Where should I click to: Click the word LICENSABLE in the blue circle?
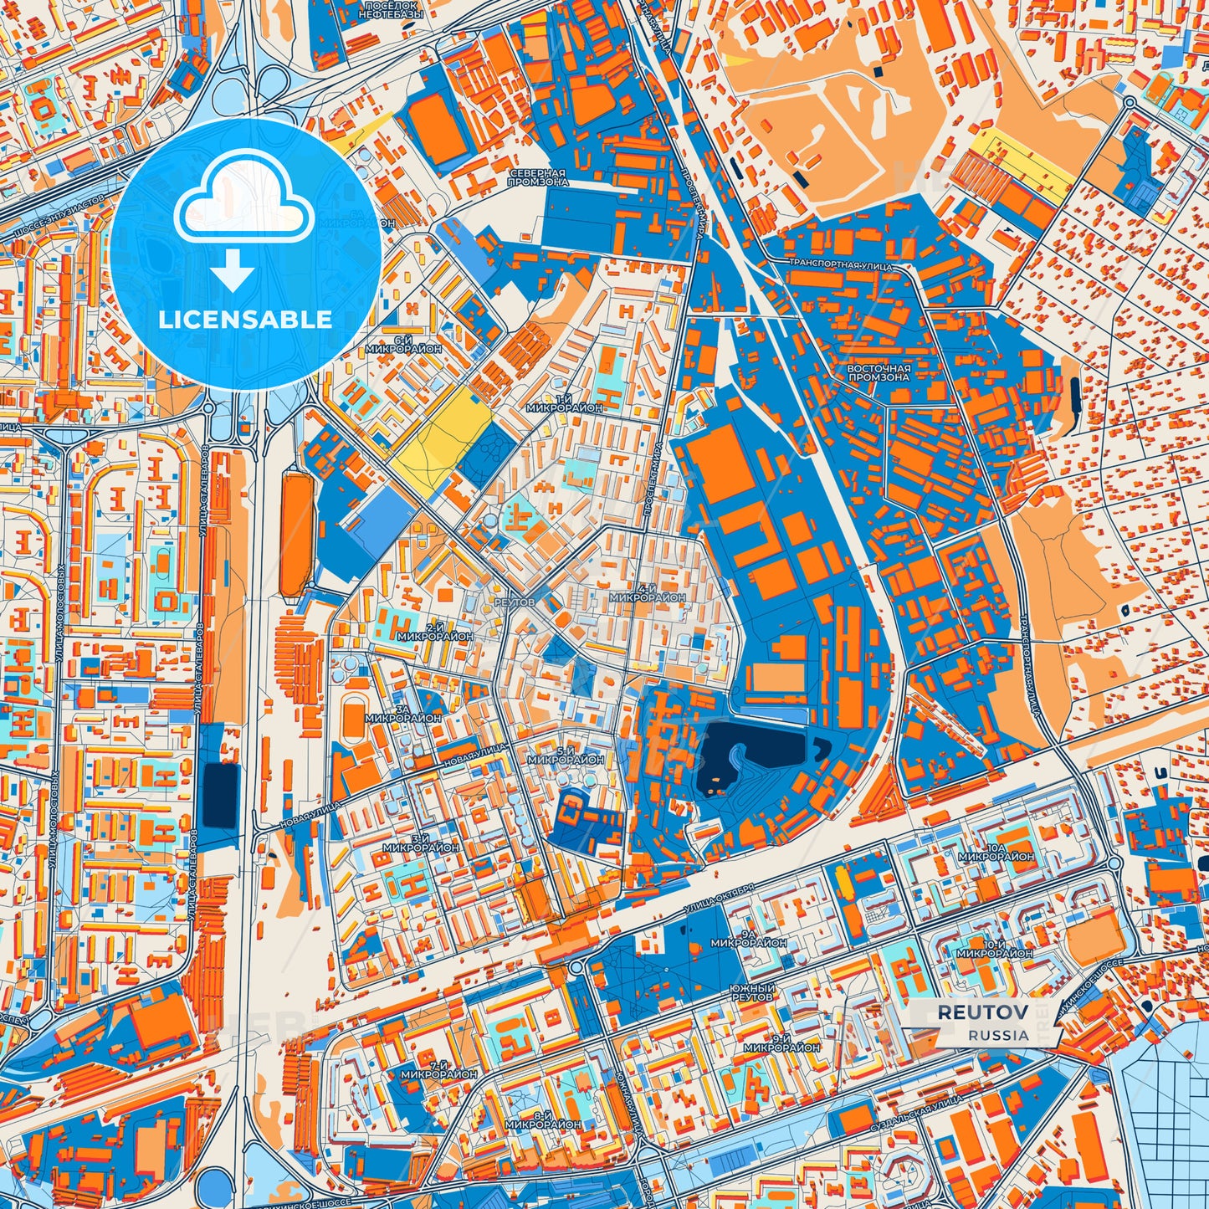246,319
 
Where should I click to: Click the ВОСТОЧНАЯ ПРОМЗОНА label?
878,372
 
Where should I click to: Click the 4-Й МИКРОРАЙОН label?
648,593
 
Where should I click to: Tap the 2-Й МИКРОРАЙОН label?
435,632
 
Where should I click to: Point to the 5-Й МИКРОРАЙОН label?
566,756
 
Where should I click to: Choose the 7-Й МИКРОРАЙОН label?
438,1068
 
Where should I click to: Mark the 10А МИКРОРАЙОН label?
996,852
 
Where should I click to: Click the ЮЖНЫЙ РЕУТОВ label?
752,993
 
